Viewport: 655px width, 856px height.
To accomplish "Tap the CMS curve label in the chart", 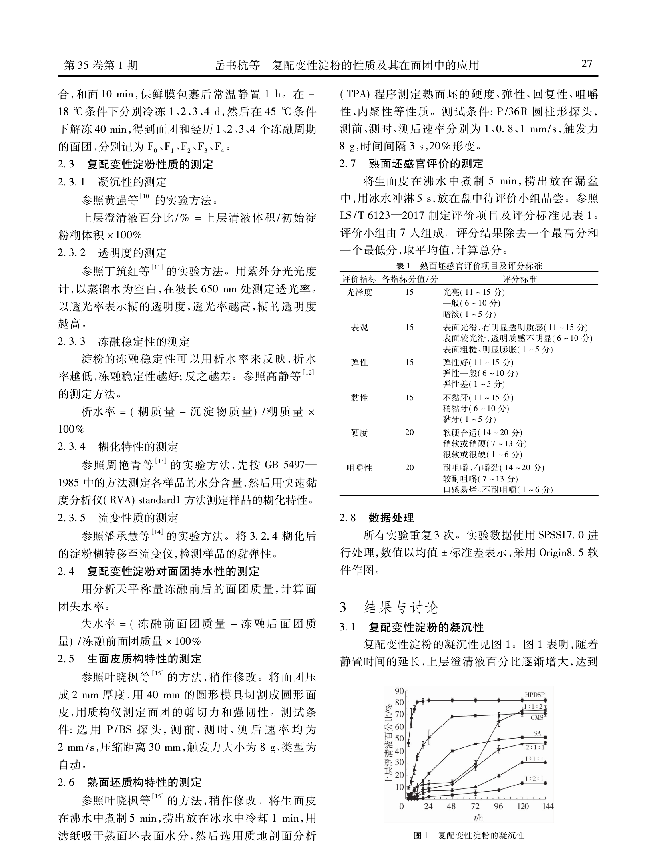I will click(537, 717).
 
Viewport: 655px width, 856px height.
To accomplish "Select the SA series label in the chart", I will click(537, 733).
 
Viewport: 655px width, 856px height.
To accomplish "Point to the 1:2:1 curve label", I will click(534, 779).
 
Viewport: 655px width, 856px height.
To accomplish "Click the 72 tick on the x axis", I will click(475, 806).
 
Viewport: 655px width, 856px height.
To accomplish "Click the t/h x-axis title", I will click(478, 818).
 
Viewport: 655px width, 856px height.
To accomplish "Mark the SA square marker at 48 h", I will click(452, 751).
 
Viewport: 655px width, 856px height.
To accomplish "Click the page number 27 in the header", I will click(587, 64).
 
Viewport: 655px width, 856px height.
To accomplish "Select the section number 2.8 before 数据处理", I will click(348, 518).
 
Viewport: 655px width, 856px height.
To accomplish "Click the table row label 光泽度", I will click(359, 292).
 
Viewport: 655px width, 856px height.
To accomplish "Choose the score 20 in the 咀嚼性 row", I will click(409, 467).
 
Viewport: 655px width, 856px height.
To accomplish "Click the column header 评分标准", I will click(519, 279).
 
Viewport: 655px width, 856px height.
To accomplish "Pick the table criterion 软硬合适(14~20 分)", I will click(482, 432).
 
